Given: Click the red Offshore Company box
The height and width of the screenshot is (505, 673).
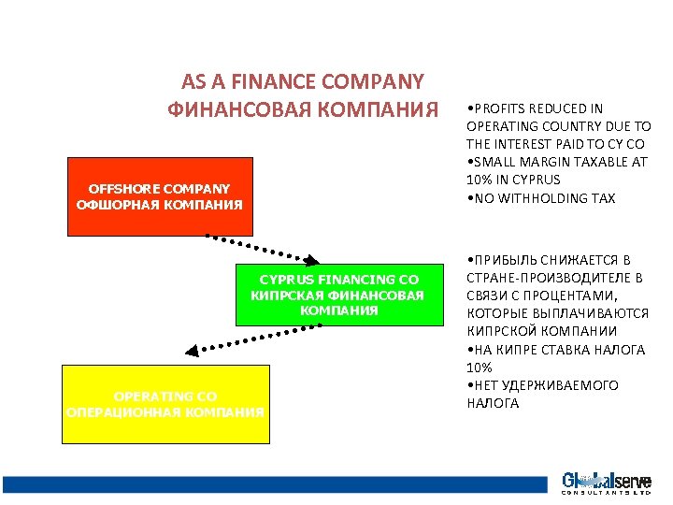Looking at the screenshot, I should coord(160,196).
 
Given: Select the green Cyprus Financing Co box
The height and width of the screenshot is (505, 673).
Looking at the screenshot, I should coord(338,294).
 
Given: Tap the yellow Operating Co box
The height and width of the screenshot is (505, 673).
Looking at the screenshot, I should coord(165,404).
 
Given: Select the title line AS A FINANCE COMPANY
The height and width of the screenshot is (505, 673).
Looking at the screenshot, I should coord(302,82).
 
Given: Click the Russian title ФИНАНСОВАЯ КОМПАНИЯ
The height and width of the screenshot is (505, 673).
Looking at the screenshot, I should coord(302,109).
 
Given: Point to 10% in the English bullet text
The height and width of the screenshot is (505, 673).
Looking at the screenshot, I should coord(479,180).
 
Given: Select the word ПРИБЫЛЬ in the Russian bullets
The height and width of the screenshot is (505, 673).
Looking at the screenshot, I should coord(505,260).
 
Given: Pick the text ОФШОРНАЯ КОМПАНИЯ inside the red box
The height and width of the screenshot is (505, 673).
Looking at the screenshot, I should coord(160,204).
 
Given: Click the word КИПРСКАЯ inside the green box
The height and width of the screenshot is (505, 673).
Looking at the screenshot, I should coord(284,295).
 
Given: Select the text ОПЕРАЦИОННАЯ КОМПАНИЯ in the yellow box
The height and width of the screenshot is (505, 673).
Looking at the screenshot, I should coord(165,411).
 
